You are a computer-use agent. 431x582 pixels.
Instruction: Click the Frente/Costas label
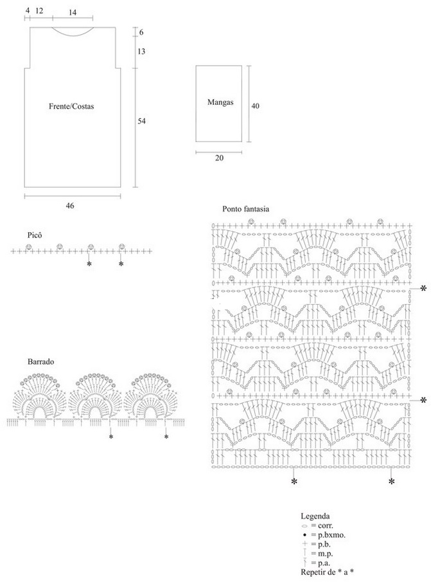tap(71, 107)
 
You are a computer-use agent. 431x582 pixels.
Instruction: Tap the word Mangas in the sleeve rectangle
tap(220, 102)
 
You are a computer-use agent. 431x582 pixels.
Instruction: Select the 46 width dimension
tap(69, 205)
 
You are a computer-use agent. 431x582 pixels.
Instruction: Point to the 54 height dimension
tap(141, 121)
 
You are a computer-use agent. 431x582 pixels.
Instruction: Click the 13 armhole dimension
tap(141, 51)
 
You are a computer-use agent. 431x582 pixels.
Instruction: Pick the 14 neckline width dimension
tap(73, 13)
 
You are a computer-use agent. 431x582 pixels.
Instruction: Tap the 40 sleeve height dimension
tap(256, 105)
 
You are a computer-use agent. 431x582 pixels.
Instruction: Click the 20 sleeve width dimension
tap(220, 158)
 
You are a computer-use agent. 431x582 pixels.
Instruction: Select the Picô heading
tap(35, 235)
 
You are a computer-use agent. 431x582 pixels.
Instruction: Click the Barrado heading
tap(40, 361)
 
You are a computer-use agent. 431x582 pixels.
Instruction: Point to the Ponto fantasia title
tap(246, 209)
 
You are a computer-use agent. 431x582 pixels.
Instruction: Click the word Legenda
tap(315, 516)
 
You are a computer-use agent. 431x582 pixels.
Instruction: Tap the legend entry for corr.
tap(317, 525)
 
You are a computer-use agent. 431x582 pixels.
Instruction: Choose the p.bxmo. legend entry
tap(324, 535)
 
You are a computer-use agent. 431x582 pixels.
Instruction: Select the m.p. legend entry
tap(317, 554)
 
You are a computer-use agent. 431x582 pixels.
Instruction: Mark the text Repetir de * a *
tap(327, 572)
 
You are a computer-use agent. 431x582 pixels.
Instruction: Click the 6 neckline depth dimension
tap(141, 32)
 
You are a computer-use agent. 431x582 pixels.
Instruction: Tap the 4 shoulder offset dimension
tap(28, 11)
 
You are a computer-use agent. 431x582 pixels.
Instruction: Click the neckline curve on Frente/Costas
tap(73, 37)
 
